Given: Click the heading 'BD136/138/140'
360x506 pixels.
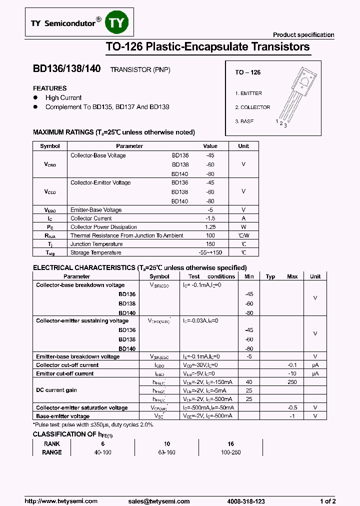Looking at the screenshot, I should point(67,70).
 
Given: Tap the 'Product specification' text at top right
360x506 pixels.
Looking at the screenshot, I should point(303,34).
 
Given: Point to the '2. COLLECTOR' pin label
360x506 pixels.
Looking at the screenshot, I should point(252,107).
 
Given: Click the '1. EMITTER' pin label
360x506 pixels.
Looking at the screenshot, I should point(248,93).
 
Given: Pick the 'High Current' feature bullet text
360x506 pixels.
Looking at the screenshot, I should point(63,98).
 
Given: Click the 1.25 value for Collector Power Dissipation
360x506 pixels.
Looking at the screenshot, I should point(210,227).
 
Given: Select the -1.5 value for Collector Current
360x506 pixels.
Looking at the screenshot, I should point(210,218).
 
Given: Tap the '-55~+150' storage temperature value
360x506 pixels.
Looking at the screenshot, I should point(210,253).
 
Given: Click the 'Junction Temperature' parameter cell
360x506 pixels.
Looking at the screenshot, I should point(96,244).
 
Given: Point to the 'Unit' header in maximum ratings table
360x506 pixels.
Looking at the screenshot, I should point(243,146).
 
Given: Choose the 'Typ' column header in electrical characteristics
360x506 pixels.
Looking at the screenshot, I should point(270,276).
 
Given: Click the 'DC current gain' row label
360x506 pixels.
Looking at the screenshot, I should point(56,390).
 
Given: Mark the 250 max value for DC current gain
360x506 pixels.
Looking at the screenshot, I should point(292,382).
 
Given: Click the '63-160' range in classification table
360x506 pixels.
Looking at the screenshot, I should point(167,452).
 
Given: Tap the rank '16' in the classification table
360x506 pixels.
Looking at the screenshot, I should point(230,443).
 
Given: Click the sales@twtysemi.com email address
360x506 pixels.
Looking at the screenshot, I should point(159,501).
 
